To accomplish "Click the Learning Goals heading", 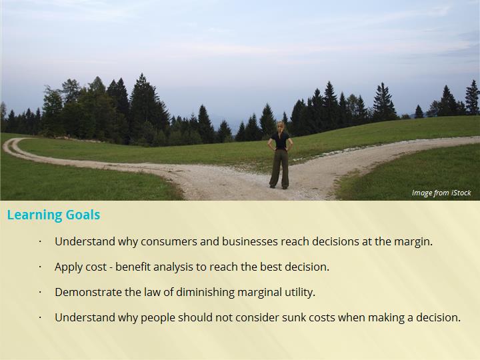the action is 53,215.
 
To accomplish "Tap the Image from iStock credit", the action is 441,193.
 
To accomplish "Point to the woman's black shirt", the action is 281,141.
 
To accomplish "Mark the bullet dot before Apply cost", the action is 40,267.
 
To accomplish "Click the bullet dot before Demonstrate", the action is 40,293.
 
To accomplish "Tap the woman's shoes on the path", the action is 279,187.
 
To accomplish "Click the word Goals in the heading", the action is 83,215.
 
